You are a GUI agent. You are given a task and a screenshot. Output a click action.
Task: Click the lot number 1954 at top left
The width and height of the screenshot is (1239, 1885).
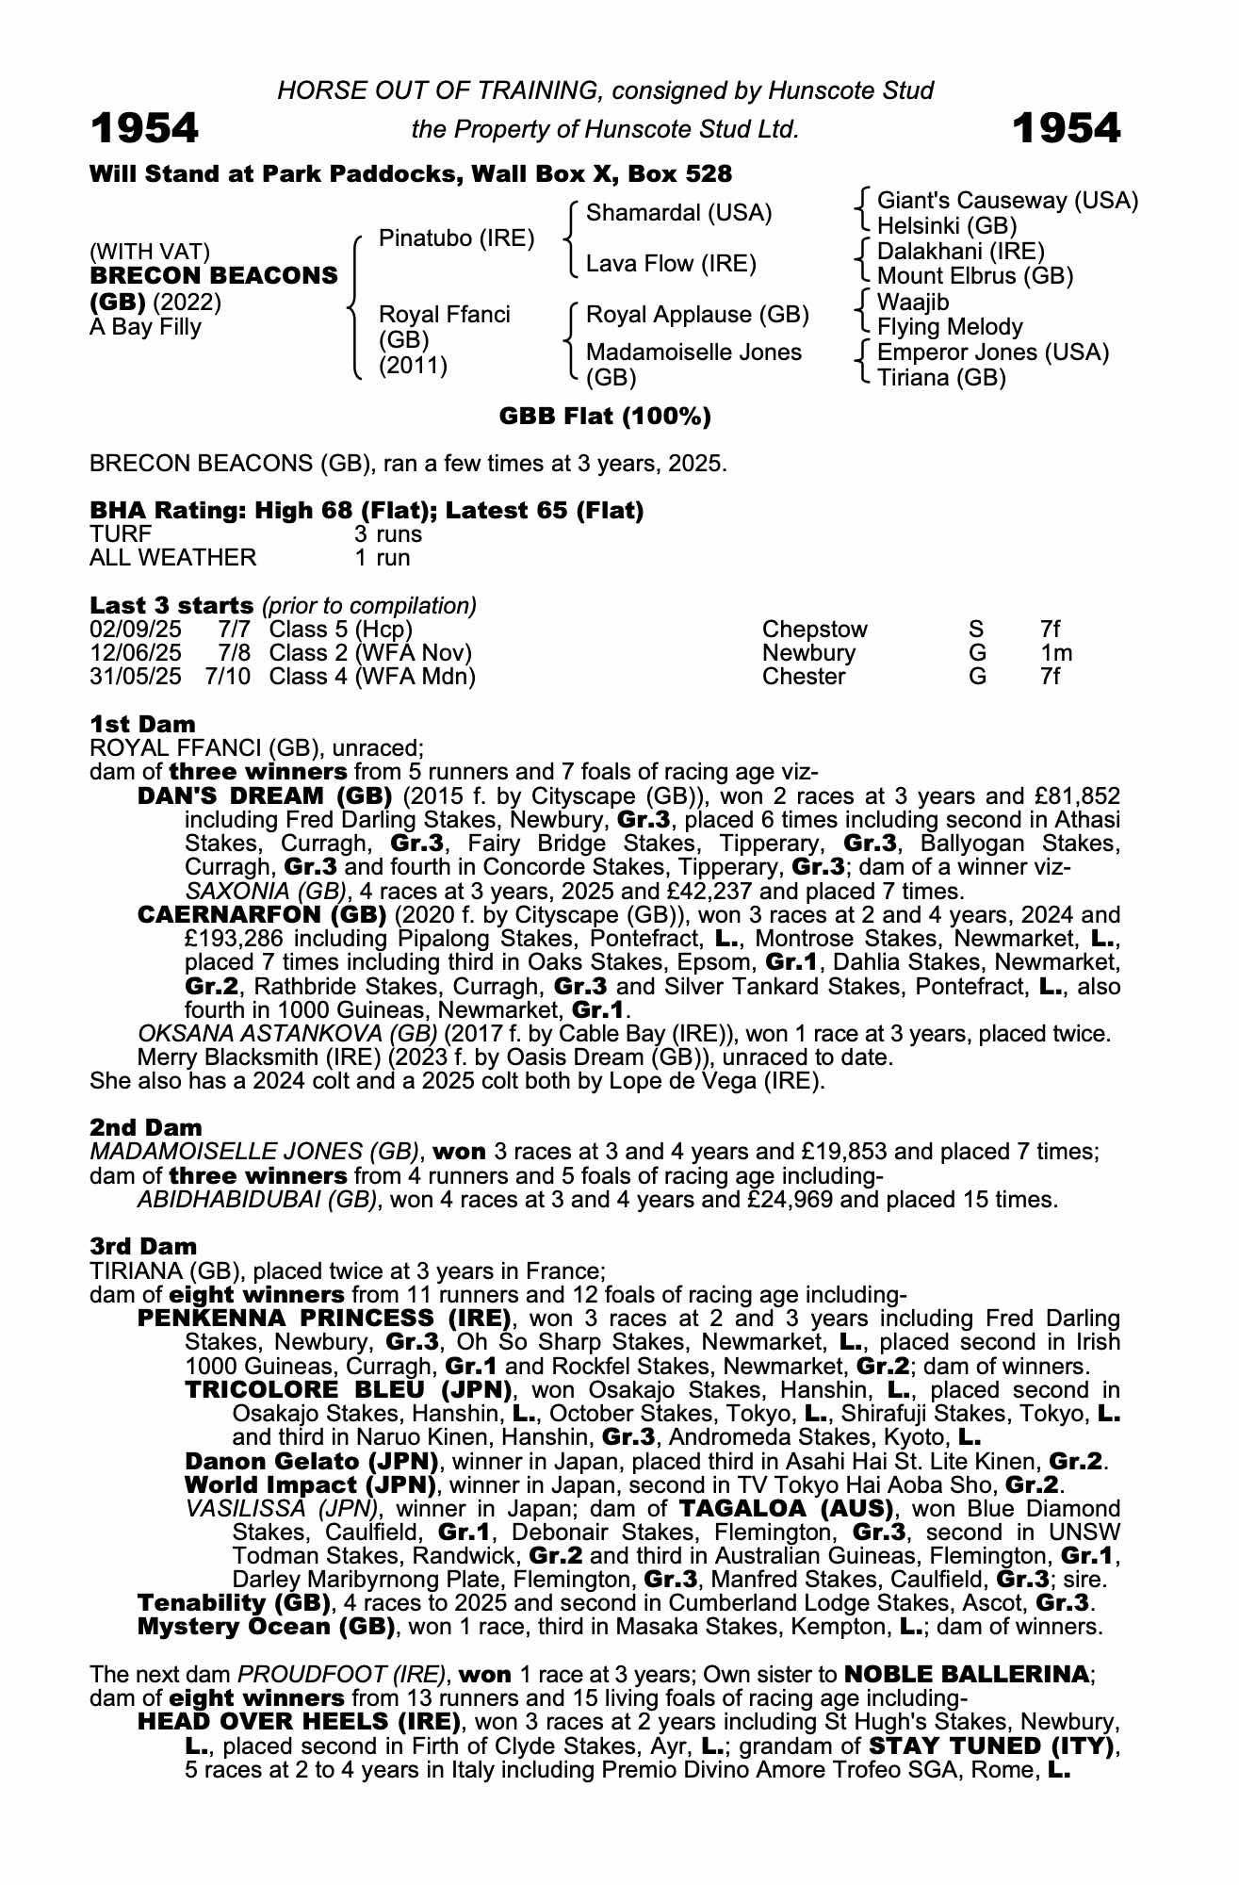pyautogui.click(x=144, y=128)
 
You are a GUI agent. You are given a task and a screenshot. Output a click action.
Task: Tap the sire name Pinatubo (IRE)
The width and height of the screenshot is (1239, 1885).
pyautogui.click(x=456, y=238)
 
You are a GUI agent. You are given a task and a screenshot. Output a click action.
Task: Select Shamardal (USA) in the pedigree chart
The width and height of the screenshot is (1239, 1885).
pyautogui.click(x=678, y=213)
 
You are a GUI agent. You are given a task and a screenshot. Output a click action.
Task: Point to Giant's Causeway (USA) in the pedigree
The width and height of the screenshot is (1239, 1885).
pyautogui.click(x=1007, y=201)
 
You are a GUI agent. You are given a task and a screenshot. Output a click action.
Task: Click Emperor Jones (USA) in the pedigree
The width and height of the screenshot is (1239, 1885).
pyautogui.click(x=992, y=352)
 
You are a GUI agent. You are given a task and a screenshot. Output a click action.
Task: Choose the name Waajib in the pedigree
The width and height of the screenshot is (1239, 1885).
pyautogui.click(x=913, y=303)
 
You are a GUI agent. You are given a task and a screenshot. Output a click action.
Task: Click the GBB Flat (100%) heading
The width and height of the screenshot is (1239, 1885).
pyautogui.click(x=605, y=417)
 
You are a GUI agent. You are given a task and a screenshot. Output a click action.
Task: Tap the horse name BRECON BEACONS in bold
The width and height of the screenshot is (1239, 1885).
pyautogui.click(x=214, y=276)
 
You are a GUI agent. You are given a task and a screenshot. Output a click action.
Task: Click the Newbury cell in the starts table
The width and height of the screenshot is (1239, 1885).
pyautogui.click(x=808, y=653)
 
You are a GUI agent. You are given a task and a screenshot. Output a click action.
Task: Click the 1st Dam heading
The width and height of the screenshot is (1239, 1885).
pyautogui.click(x=142, y=724)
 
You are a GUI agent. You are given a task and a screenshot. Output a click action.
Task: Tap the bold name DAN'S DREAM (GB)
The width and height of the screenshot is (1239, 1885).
pyautogui.click(x=265, y=796)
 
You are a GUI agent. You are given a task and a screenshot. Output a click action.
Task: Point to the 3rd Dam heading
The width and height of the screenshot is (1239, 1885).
pyautogui.click(x=143, y=1247)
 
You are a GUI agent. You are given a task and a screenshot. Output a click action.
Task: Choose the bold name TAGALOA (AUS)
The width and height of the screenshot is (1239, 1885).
pyautogui.click(x=787, y=1509)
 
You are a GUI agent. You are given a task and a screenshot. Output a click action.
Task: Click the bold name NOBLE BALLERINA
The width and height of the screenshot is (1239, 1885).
pyautogui.click(x=966, y=1675)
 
